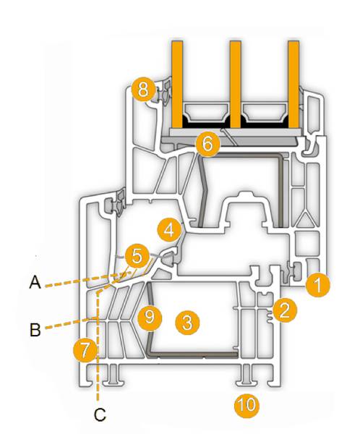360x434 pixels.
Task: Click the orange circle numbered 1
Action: coord(318,284)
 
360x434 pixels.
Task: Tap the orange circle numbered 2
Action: coord(285,310)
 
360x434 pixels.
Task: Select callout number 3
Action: coord(188,322)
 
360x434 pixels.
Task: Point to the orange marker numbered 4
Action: coord(169,230)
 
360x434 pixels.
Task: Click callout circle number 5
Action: coord(137,256)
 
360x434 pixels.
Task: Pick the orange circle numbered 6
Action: coord(207,144)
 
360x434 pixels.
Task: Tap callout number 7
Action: coord(85,350)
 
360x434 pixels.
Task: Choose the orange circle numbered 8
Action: coord(143,89)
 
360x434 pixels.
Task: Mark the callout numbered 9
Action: coord(150,317)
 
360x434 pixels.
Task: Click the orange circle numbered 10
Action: coord(247,405)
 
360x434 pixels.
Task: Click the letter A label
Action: coord(35,283)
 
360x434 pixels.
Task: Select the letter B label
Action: coord(35,329)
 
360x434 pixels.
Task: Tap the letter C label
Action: coord(100,414)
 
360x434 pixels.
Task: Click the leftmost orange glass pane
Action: coord(177,85)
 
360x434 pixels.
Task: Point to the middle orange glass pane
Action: coord(235,85)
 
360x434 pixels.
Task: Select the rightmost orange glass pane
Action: coord(293,85)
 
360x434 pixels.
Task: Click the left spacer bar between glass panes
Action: coord(206,112)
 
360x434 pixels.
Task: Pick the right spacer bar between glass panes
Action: coord(265,112)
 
